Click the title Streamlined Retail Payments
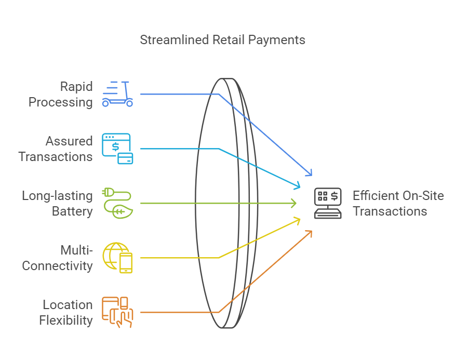coord(222,40)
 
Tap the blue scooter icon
coord(117,94)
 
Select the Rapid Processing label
coord(60,94)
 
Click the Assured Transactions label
coord(56,149)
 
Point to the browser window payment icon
coord(117,149)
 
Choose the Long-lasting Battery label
coord(57,204)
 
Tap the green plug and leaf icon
coord(117,203)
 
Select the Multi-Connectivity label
coord(57,258)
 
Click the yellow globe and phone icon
coord(117,258)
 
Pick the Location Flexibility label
coord(66,312)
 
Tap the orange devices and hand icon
coord(117,312)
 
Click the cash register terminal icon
coord(328,203)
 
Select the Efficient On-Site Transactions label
coord(398,204)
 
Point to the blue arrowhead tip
coord(312,176)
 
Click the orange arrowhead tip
coord(312,231)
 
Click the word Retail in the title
coord(229,40)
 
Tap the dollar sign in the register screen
coord(334,196)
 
